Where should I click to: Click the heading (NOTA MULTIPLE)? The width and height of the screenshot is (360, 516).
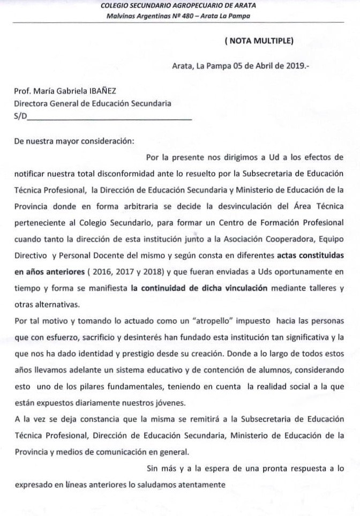(x=259, y=40)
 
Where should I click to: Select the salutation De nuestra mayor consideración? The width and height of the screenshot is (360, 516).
(x=74, y=142)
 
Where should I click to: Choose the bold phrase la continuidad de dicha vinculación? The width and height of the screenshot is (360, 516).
(x=199, y=288)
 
